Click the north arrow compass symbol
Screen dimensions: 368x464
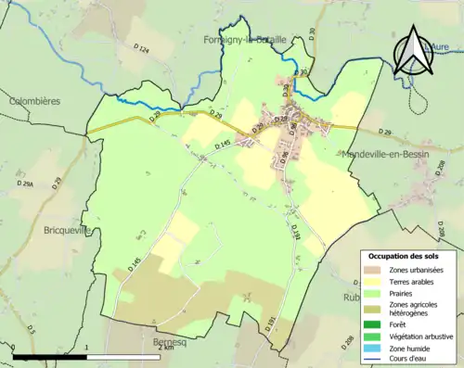click(413, 51)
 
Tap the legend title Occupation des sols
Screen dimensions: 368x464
click(404, 256)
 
